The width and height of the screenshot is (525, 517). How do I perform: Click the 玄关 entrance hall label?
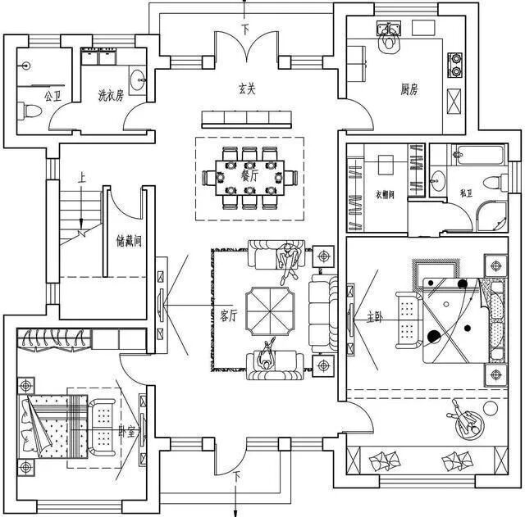247,89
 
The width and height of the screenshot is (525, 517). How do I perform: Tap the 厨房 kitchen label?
409,89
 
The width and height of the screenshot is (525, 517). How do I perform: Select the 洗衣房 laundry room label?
110,96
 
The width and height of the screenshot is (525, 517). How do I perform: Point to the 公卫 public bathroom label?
52,96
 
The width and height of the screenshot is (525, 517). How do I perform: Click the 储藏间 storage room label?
130,243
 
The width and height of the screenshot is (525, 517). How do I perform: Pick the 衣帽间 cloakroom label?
386,195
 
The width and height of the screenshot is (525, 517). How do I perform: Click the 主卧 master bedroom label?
374,316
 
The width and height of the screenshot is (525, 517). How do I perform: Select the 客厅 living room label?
229,316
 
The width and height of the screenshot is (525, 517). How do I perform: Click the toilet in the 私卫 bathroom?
493,182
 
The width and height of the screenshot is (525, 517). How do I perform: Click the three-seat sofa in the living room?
320,310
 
